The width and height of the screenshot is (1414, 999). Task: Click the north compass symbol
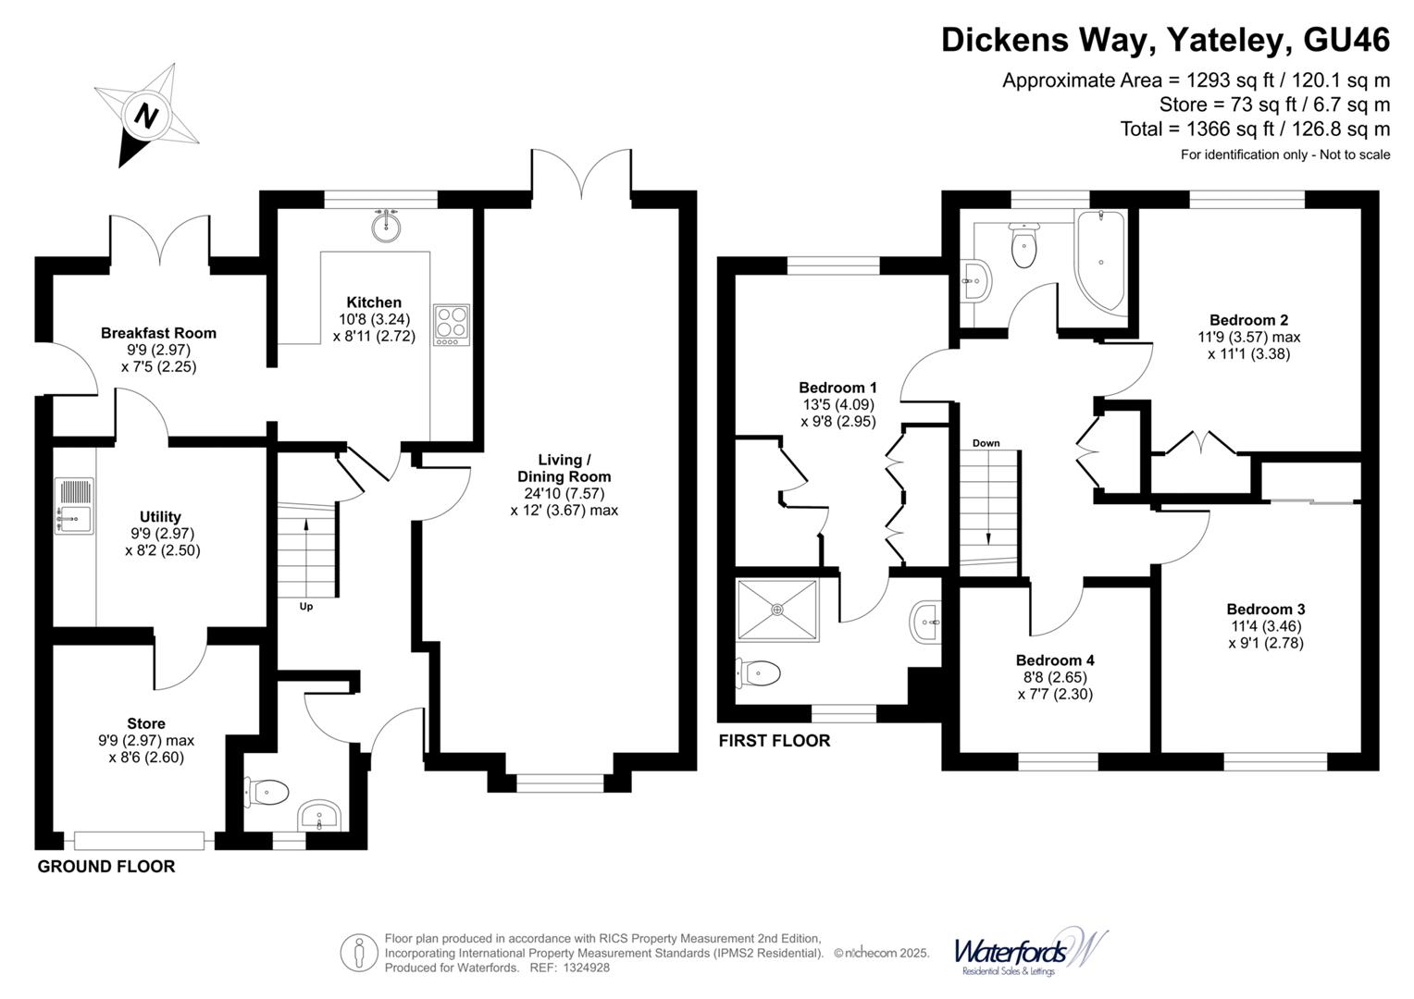(x=146, y=116)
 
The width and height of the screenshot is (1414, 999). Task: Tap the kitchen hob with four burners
(x=452, y=325)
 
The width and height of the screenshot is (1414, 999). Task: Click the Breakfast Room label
(x=158, y=333)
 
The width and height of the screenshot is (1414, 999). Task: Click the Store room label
(x=146, y=723)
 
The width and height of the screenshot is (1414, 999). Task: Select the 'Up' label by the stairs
(x=305, y=607)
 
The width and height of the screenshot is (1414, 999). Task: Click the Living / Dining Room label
(x=564, y=468)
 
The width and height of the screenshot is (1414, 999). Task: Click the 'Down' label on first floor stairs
(x=986, y=443)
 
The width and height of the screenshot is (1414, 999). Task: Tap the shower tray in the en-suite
(x=777, y=610)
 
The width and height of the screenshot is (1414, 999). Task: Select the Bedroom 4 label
(x=1055, y=660)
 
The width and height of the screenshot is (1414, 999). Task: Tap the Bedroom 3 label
(x=1265, y=609)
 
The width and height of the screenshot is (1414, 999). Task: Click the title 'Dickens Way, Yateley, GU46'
(x=1165, y=40)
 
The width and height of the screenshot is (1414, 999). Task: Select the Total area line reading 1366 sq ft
(x=1255, y=129)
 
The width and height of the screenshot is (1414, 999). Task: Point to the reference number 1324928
(x=582, y=968)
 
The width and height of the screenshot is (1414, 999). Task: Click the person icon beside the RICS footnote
(x=358, y=952)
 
